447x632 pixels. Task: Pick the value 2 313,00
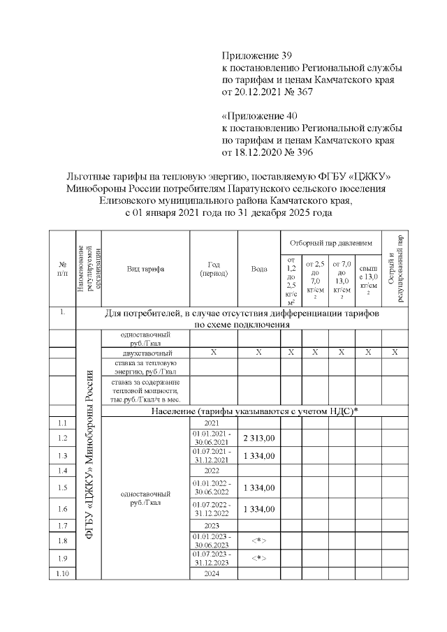259,438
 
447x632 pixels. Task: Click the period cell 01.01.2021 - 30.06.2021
214,438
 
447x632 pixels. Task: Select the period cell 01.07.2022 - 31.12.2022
214,509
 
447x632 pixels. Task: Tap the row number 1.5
62,487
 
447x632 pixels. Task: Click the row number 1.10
62,573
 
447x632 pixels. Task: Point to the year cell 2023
214,525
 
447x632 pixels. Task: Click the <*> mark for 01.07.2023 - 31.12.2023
259,558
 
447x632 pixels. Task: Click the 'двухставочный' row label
145,353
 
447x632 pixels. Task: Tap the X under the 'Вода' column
258,353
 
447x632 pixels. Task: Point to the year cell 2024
214,573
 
